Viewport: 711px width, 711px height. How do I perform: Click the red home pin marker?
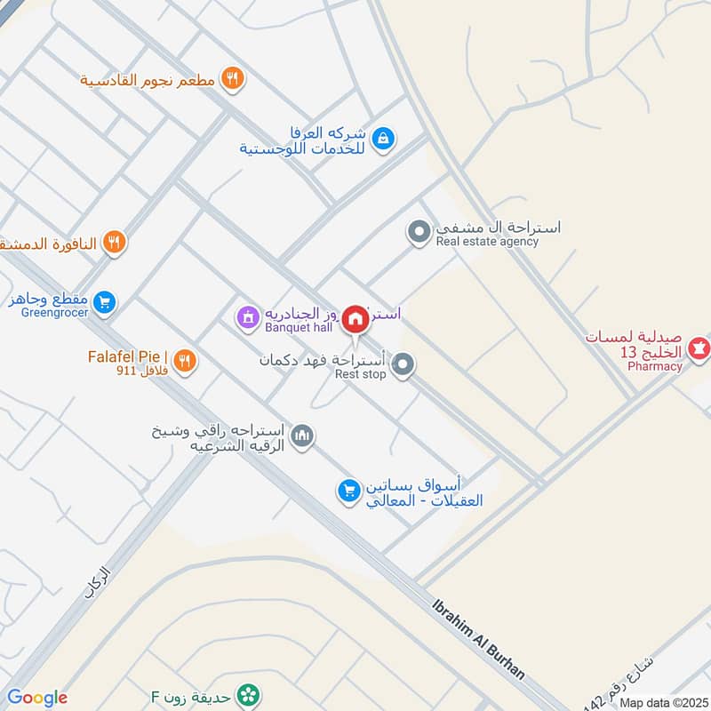click(356, 318)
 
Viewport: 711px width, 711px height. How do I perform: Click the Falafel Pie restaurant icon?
click(185, 360)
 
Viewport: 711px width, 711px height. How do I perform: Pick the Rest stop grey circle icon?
click(403, 365)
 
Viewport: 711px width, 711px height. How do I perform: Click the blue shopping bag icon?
click(384, 138)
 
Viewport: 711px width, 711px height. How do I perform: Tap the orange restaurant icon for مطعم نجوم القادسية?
click(232, 79)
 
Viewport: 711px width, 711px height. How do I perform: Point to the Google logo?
click(37, 698)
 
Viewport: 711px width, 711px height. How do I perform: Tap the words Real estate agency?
click(487, 242)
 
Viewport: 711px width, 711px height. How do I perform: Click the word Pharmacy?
click(655, 366)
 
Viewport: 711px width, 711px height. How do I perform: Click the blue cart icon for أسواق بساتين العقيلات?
click(348, 490)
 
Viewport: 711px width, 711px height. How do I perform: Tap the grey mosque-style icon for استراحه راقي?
click(303, 435)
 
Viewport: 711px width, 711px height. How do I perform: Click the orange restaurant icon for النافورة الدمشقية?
click(114, 241)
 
